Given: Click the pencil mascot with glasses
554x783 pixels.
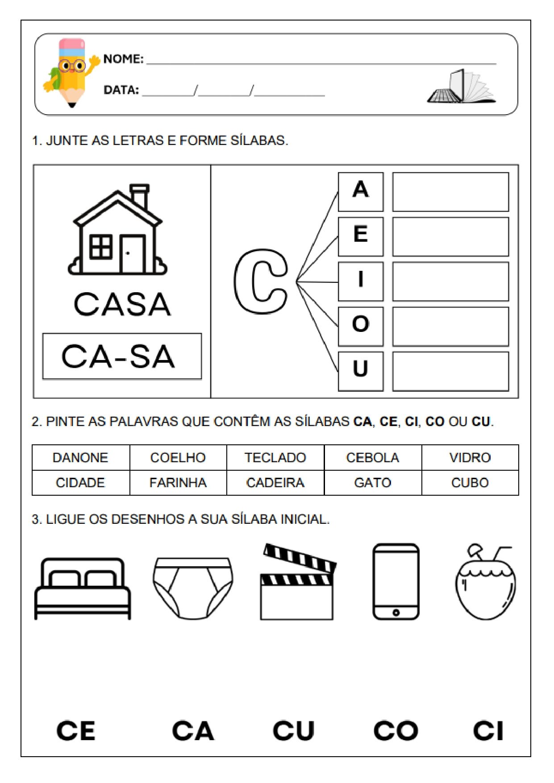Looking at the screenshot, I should [71, 71].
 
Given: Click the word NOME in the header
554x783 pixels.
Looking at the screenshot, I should [123, 59].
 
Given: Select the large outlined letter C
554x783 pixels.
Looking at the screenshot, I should [261, 282].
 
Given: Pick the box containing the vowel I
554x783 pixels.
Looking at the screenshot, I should [361, 282].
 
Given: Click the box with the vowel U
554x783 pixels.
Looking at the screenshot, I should [361, 371].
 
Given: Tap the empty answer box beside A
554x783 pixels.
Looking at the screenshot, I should [450, 192].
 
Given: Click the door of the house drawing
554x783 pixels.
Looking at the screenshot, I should [132, 254].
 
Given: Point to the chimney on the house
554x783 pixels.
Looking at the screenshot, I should [140, 196].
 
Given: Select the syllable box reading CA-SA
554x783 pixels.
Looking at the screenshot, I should [122, 356].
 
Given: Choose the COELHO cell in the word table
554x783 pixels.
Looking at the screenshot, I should [178, 457].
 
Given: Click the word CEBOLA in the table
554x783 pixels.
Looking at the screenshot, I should [373, 457].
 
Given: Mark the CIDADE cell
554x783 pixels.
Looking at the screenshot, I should [80, 483].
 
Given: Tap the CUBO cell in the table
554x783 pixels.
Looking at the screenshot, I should [470, 483].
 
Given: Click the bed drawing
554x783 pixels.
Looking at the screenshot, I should [83, 588].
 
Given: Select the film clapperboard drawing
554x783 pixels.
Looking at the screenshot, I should [298, 582].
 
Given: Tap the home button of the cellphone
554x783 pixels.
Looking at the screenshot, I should [396, 613].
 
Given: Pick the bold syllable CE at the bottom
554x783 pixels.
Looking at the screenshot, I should [76, 731].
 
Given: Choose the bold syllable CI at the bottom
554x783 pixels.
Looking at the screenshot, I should [488, 731].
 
